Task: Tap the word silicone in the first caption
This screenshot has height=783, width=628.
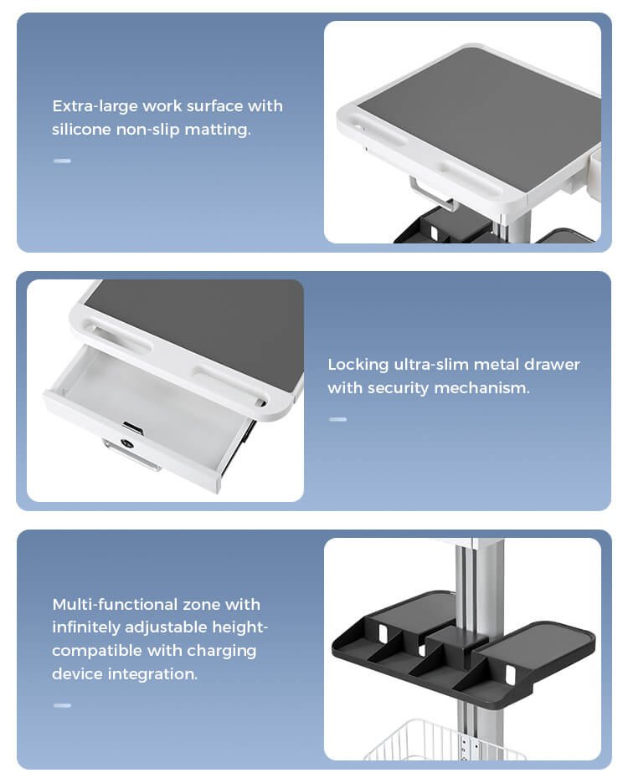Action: tap(81, 130)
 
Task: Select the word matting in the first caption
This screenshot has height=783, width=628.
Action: tap(218, 130)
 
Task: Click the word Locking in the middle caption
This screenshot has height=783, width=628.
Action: tap(358, 365)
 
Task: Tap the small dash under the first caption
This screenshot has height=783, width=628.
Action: tap(62, 161)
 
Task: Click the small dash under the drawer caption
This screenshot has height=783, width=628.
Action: tap(338, 419)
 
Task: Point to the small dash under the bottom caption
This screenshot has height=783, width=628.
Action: tap(62, 705)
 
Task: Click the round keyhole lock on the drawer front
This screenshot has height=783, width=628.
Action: tap(127, 443)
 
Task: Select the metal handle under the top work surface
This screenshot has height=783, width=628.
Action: tap(430, 194)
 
